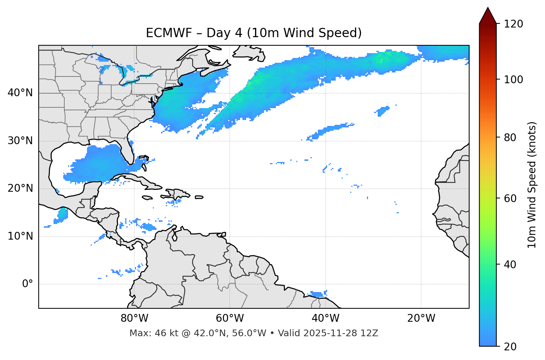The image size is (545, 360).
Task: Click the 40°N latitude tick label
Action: click(x=20, y=93)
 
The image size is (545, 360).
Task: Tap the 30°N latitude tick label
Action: click(x=20, y=141)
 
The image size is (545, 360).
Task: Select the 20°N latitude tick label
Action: click(x=20, y=188)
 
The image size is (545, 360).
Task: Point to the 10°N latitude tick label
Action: click(x=20, y=236)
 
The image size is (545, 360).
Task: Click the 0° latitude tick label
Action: click(x=28, y=284)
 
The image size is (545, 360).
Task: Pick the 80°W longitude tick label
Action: click(x=134, y=318)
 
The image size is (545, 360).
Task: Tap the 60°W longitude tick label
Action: click(x=230, y=318)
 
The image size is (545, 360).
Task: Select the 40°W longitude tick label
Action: click(x=326, y=318)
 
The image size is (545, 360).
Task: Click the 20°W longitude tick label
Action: click(x=421, y=318)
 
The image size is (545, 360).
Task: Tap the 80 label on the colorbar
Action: click(x=510, y=137)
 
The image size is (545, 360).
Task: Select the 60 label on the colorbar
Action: click(x=510, y=198)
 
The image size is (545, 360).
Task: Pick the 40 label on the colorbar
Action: click(x=510, y=265)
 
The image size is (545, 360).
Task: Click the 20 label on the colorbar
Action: click(x=510, y=347)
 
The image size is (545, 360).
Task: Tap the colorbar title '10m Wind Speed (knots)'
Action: click(x=532, y=185)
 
